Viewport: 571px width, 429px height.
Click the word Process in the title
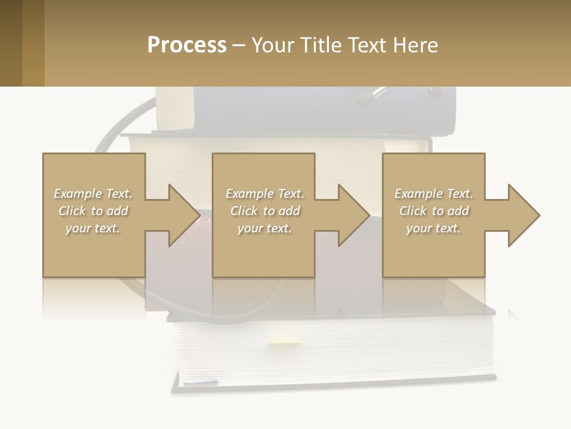[x=187, y=45]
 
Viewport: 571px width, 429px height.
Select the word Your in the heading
[x=272, y=45]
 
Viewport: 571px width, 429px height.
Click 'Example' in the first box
[x=77, y=194]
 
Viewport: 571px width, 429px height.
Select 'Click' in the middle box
[x=243, y=211]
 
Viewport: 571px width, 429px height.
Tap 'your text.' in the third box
[x=433, y=228]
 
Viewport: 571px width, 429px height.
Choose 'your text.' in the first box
[x=93, y=228]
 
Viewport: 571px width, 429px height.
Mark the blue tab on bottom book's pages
[x=208, y=381]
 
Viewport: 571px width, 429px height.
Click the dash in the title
[x=239, y=45]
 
